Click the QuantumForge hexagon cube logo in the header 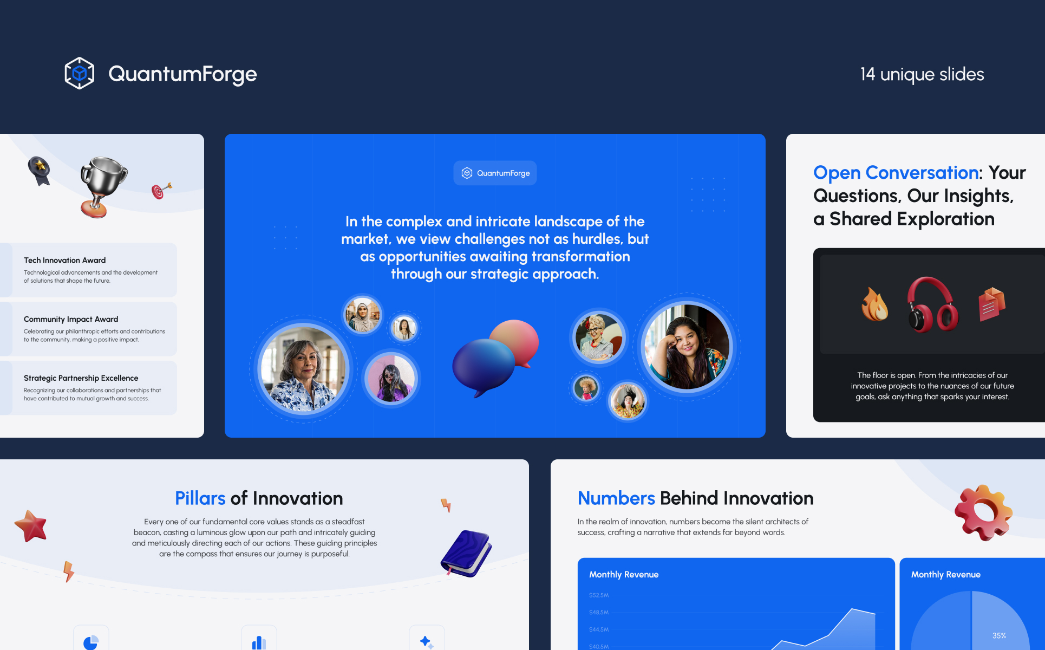(x=79, y=73)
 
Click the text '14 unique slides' (x=922, y=74)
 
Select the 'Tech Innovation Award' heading (x=64, y=261)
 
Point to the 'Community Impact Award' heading (x=71, y=320)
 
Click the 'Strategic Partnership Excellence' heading (x=81, y=378)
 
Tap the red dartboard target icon (x=161, y=191)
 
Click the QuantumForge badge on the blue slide (x=495, y=173)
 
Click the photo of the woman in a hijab (x=363, y=315)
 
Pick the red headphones (x=932, y=304)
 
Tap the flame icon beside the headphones (x=874, y=304)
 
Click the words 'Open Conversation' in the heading (x=896, y=173)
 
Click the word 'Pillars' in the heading (x=200, y=498)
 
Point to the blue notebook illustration (x=466, y=553)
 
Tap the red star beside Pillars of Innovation (x=31, y=526)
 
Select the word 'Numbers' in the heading (x=616, y=498)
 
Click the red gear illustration (x=983, y=512)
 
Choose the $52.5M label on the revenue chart (x=599, y=595)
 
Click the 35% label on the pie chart (x=999, y=636)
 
